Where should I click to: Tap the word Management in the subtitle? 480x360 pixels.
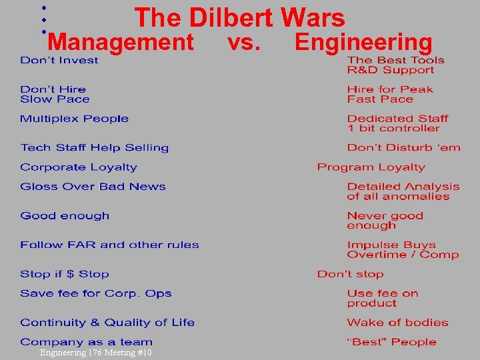point(121,43)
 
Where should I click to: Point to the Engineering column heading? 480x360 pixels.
point(363,43)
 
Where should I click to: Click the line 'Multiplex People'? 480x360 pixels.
point(74,119)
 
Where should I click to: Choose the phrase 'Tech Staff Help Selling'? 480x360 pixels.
point(94,148)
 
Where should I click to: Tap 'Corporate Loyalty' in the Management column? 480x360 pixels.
point(78,167)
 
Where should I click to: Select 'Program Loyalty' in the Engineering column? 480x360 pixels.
point(371,167)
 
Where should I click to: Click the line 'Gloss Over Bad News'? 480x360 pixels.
point(93,187)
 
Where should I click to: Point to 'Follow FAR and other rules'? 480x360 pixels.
point(109,245)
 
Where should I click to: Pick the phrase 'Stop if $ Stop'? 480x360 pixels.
point(64,274)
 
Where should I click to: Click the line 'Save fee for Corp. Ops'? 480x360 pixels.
point(95,293)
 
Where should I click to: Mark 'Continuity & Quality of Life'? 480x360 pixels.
point(107,323)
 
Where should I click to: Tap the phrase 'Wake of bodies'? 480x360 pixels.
point(397,323)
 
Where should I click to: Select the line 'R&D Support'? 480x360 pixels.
point(390,70)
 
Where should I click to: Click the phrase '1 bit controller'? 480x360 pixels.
point(393,129)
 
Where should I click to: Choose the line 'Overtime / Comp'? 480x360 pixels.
point(403,255)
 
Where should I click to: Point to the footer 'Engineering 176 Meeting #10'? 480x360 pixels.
point(96,353)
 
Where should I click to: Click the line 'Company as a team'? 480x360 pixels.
point(86,342)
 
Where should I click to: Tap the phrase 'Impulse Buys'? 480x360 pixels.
point(391,245)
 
